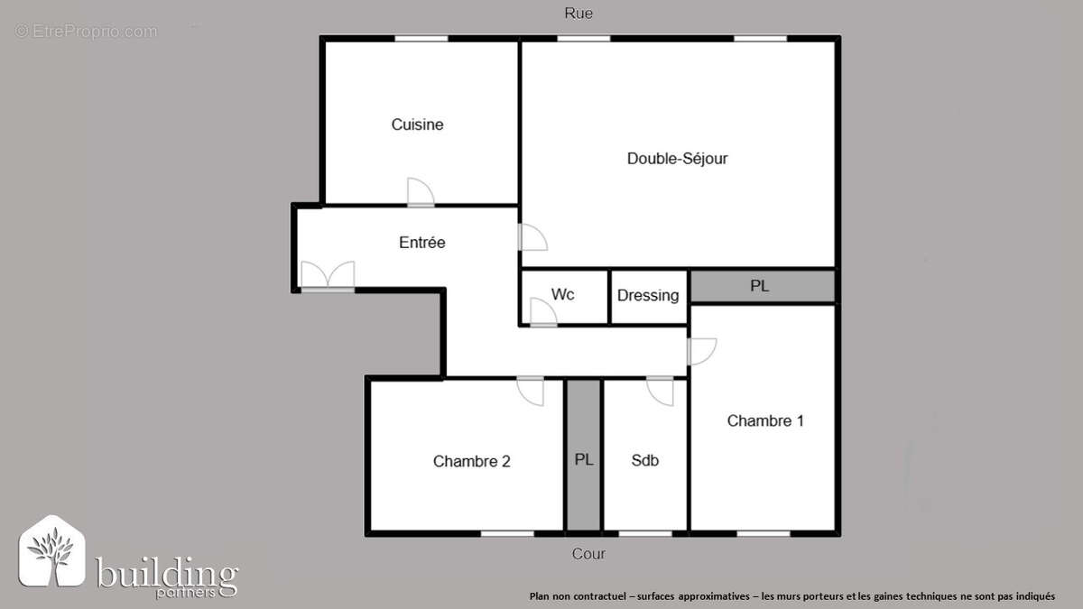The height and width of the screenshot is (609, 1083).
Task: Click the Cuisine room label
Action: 417,125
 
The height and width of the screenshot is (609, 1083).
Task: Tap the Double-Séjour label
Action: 677,159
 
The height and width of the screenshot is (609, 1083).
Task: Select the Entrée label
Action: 421,243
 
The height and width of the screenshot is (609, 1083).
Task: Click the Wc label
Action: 562,295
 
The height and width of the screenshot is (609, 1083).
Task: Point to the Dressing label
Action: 648,295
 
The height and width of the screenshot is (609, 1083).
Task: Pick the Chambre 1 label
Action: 765,420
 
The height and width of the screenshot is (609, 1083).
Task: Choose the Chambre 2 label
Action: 471,461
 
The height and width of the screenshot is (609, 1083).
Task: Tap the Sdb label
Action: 644,460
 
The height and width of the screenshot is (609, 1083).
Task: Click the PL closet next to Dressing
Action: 760,286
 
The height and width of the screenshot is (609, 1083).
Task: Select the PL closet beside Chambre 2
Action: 584,458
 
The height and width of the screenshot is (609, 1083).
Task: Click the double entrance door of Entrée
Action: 328,275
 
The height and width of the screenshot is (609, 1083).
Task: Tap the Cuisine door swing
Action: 420,192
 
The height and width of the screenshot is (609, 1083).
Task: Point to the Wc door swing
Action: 542,312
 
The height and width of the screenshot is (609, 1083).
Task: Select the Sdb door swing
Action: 661,391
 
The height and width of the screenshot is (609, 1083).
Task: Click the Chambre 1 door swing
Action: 701,351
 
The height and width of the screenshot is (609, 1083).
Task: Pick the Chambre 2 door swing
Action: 531,391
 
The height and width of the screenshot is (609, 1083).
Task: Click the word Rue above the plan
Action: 579,13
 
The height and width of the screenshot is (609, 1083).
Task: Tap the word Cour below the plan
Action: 588,554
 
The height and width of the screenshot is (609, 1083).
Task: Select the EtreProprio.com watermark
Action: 86,32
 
